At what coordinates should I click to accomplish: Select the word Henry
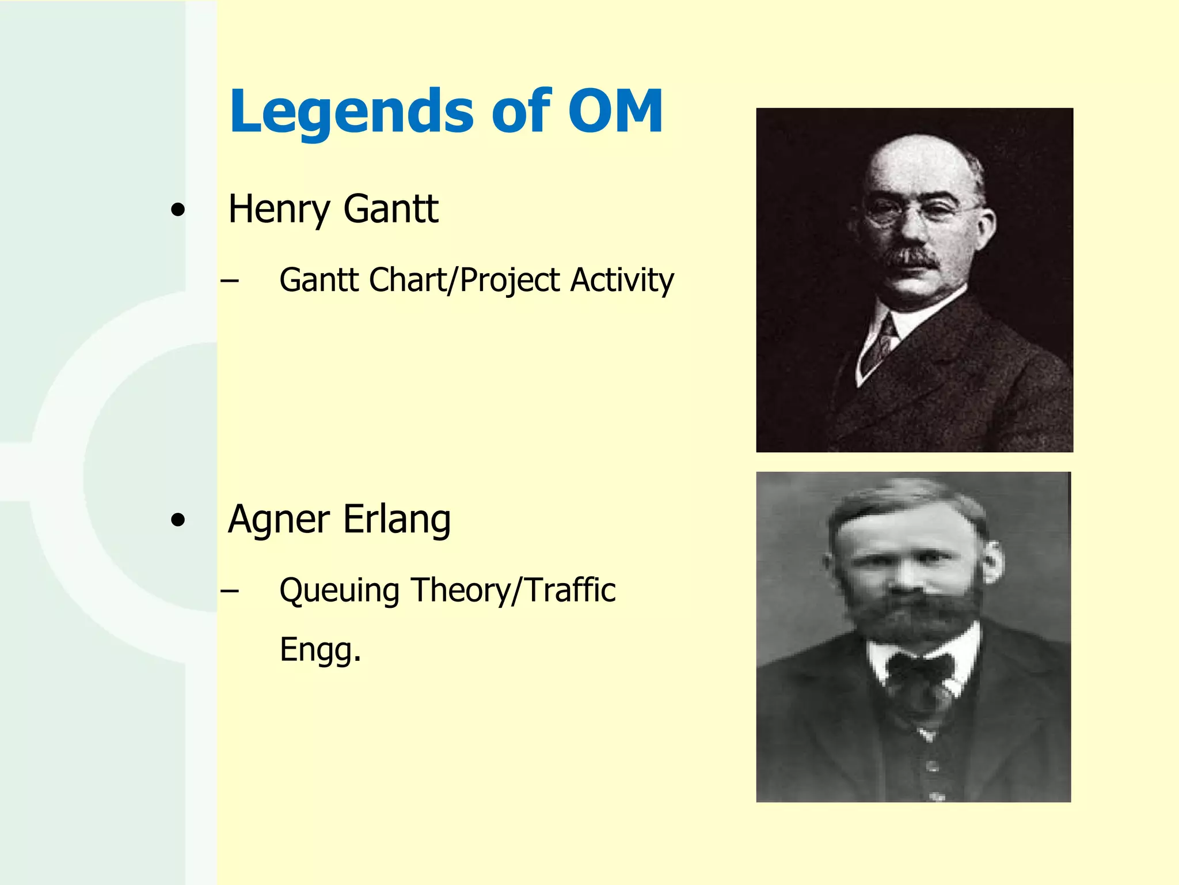tap(277, 210)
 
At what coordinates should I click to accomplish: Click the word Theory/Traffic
tap(513, 590)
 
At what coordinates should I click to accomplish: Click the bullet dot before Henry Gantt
tap(178, 210)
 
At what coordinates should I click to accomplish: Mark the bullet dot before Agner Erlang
tap(178, 521)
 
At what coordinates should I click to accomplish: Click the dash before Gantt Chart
tap(230, 281)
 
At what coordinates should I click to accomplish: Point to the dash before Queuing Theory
tap(230, 591)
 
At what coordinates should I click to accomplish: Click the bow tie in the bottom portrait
tap(919, 671)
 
